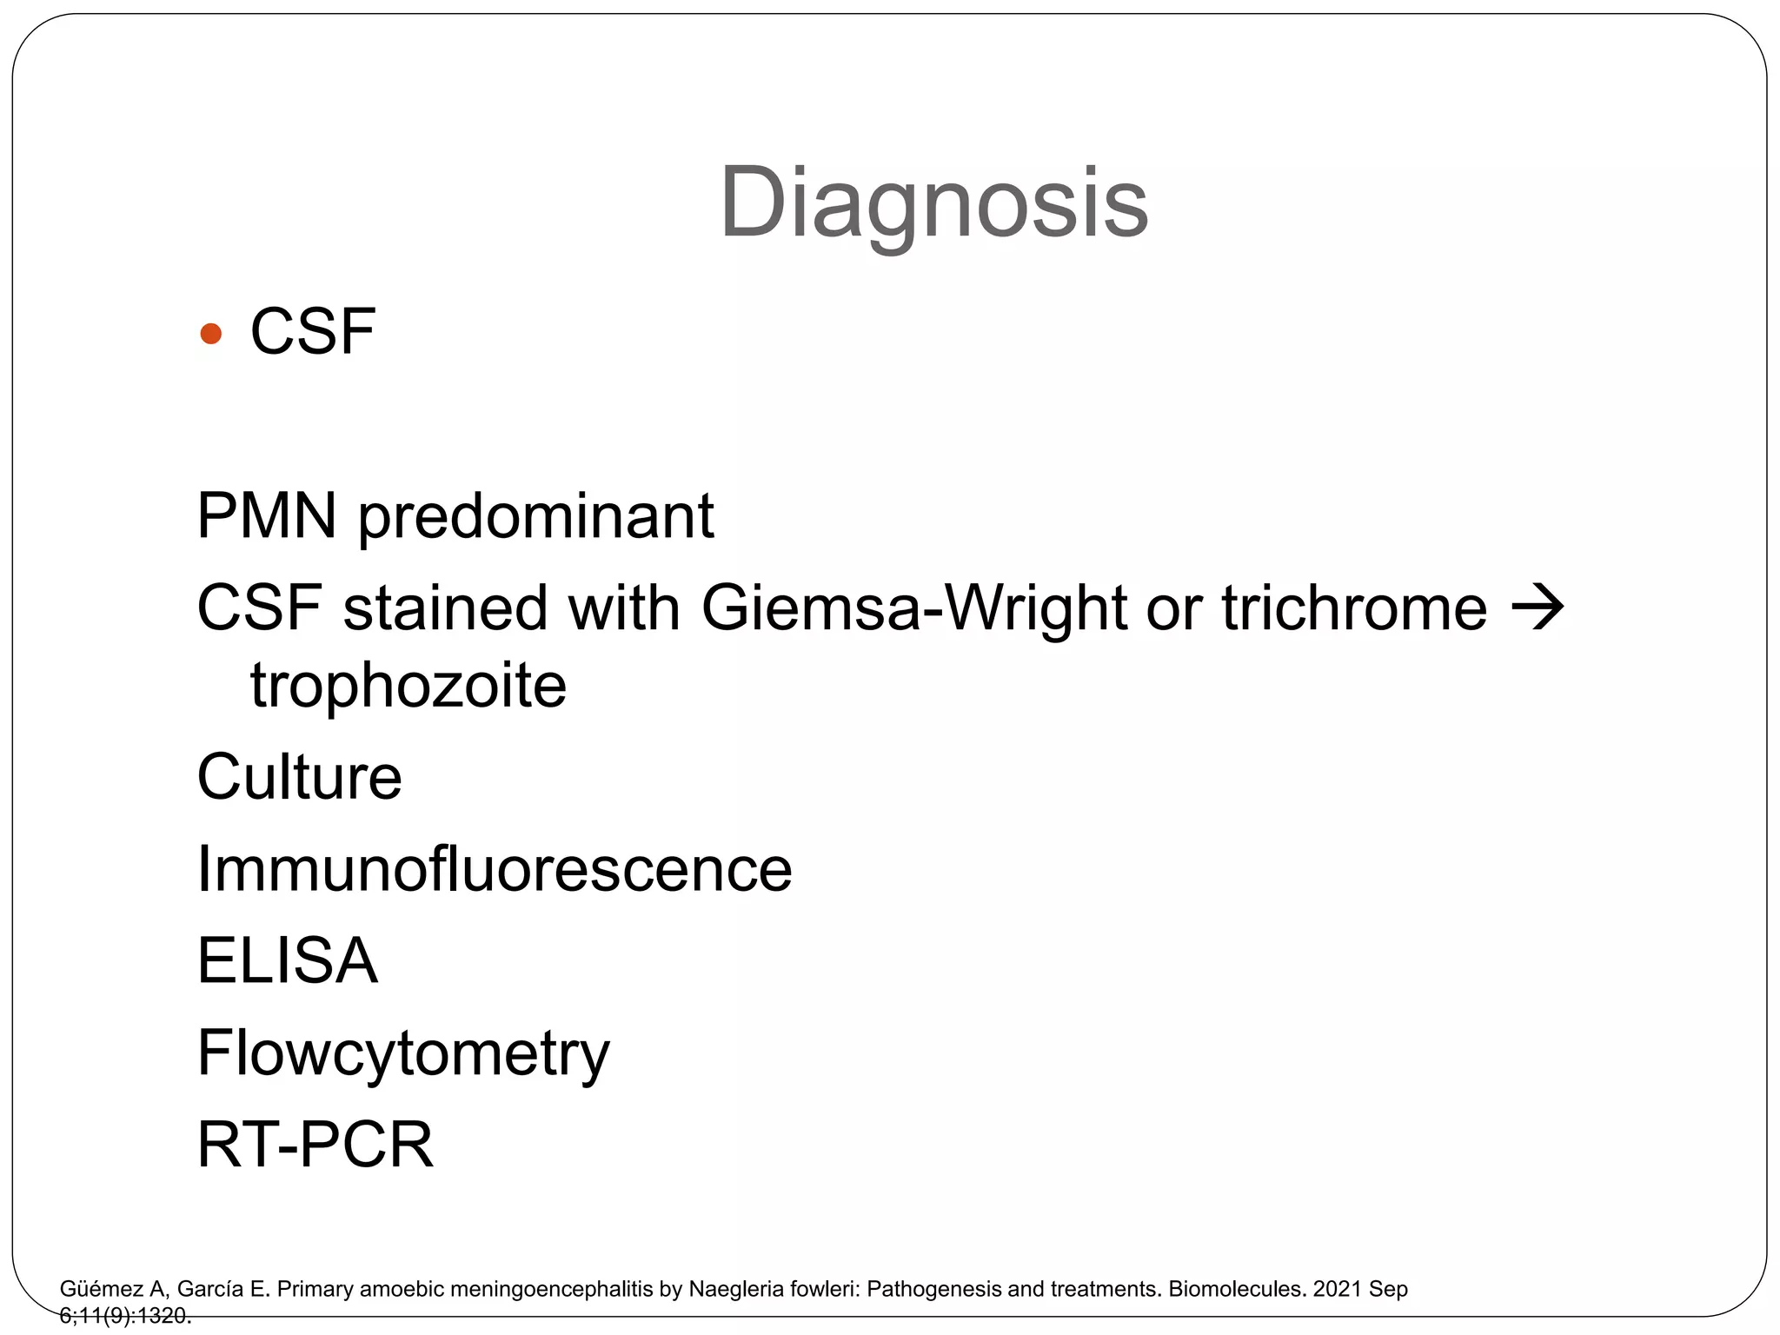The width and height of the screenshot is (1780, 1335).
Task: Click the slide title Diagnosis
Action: click(933, 203)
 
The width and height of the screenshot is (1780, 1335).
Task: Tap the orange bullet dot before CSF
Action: click(210, 334)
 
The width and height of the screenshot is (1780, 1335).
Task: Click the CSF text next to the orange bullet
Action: click(313, 332)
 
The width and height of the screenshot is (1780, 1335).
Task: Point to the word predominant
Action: click(536, 516)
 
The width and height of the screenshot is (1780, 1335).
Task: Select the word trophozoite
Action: click(408, 686)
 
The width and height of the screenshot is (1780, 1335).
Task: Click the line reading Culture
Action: click(300, 777)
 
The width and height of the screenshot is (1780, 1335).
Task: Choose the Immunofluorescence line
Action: click(495, 868)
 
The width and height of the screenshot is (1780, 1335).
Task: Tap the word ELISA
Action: click(288, 960)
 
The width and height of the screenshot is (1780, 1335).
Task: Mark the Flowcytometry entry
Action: click(403, 1053)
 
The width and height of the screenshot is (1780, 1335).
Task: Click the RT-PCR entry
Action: click(315, 1144)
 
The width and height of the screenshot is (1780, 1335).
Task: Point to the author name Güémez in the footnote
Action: click(101, 1289)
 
